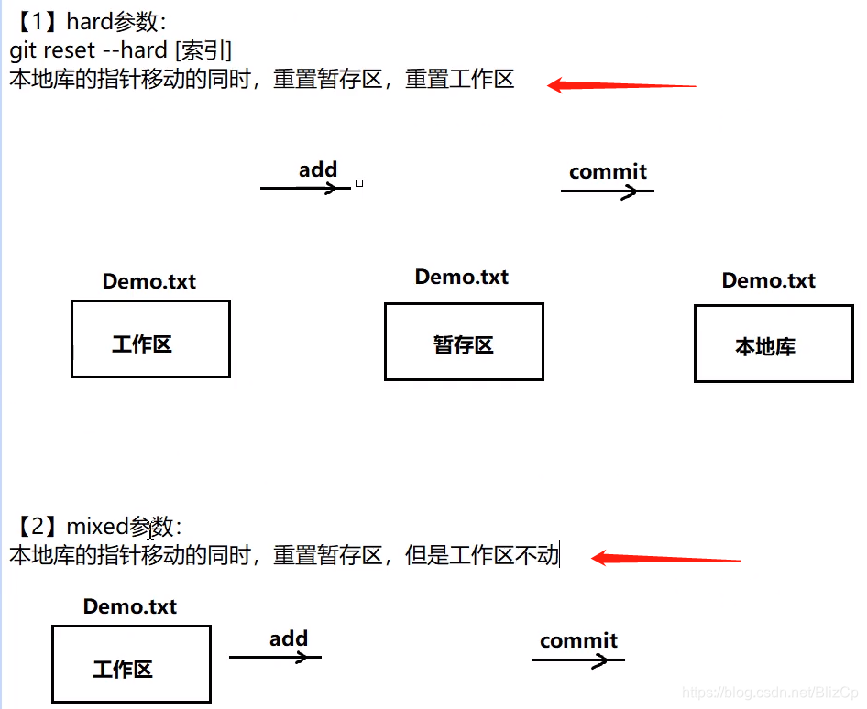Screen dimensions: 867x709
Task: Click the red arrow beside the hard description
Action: coord(621,85)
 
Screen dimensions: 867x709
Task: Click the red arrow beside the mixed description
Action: coord(665,558)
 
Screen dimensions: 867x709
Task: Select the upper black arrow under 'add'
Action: coord(305,189)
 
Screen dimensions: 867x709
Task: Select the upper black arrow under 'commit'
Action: coord(607,191)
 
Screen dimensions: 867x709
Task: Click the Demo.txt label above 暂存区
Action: coord(462,277)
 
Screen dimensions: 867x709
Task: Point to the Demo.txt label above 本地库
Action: coord(769,280)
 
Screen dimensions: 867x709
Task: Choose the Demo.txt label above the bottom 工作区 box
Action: coord(130,606)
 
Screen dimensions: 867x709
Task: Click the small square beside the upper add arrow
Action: coord(359,183)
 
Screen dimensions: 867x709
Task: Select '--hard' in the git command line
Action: coord(135,50)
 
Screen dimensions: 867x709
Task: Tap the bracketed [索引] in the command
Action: coord(203,51)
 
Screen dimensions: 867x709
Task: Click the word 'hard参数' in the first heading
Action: coord(112,22)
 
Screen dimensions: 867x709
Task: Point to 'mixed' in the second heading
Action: coord(97,526)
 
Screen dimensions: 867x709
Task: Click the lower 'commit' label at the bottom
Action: coord(578,640)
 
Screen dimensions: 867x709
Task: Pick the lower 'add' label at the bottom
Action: coord(289,638)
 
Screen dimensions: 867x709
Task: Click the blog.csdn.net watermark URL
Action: coord(770,693)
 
